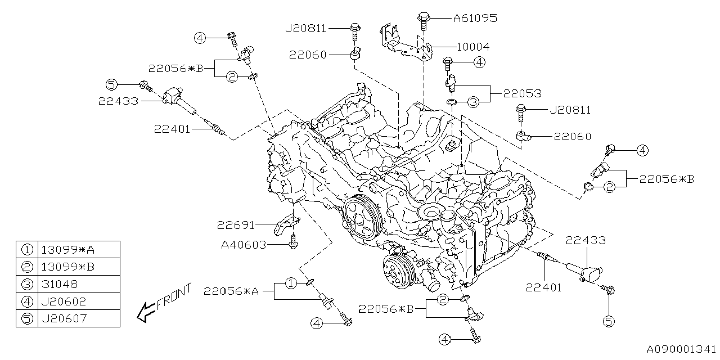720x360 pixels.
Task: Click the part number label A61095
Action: click(475, 18)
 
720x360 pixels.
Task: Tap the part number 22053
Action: click(523, 93)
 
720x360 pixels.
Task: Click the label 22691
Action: click(236, 225)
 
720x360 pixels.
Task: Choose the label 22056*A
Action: click(232, 291)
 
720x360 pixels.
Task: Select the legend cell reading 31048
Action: click(59, 284)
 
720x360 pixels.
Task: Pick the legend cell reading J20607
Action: click(64, 318)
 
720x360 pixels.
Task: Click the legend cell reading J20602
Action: click(64, 301)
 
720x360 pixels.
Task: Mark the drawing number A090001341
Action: click(681, 349)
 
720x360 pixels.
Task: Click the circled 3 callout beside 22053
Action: click(473, 102)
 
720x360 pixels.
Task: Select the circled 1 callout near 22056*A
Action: click(290, 283)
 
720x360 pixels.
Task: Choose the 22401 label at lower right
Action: click(544, 287)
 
